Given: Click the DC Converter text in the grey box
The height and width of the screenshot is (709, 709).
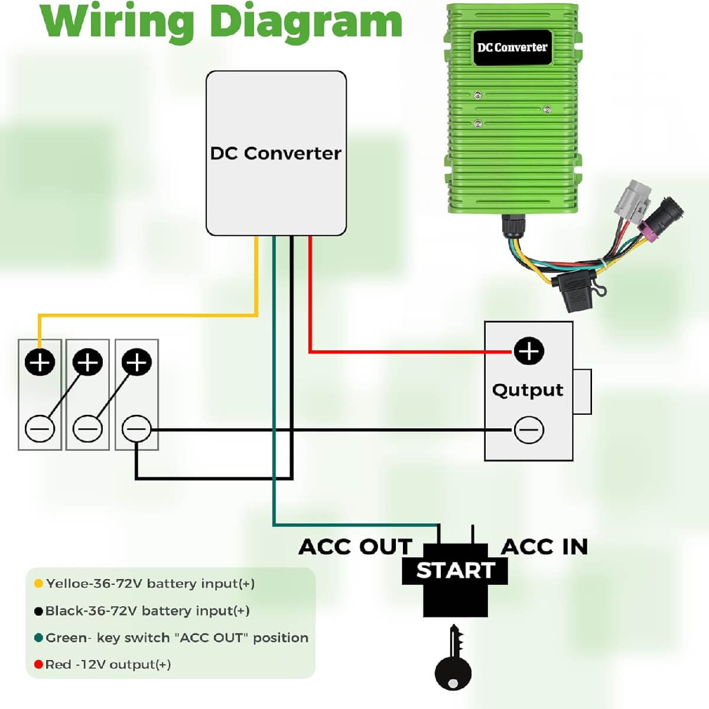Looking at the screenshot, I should tap(275, 154).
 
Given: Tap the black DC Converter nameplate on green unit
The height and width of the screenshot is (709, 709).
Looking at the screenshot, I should tap(512, 47).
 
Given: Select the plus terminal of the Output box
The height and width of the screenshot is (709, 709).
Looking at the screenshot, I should tap(529, 351).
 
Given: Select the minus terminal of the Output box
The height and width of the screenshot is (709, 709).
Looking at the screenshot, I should tap(529, 430).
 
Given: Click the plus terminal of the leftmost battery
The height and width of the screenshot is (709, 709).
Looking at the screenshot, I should tap(40, 362).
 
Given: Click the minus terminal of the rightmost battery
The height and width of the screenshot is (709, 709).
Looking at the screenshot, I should tap(136, 429).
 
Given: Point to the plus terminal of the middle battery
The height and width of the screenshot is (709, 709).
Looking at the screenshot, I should tap(88, 362).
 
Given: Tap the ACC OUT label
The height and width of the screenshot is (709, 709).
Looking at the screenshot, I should tap(355, 547).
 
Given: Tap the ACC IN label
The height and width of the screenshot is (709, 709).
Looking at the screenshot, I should tap(544, 547).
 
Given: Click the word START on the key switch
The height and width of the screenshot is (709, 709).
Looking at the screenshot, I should tap(455, 571).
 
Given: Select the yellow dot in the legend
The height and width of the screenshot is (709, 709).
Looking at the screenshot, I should tap(38, 584).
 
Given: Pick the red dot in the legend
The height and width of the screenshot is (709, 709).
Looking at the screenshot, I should tap(38, 665).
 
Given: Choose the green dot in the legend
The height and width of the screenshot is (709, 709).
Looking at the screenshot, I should tap(38, 638).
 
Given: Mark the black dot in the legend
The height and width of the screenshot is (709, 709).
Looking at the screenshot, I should tap(38, 611).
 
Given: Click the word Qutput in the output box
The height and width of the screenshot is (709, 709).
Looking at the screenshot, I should tap(528, 391).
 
